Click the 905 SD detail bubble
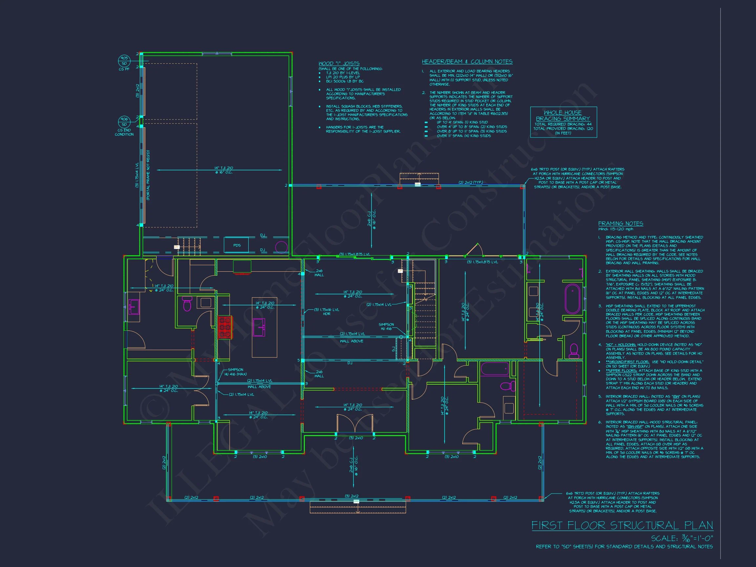124,61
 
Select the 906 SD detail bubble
124,122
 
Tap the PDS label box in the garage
237,245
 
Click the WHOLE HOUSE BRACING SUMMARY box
563,122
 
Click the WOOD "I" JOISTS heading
339,63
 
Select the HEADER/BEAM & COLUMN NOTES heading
467,61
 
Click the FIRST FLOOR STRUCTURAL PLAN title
622,525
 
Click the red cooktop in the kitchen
225,327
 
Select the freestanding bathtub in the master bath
572,299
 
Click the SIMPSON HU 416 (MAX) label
237,372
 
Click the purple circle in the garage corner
281,247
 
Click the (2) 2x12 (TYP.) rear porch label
471,182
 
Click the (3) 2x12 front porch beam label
351,496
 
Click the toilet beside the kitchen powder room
187,304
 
